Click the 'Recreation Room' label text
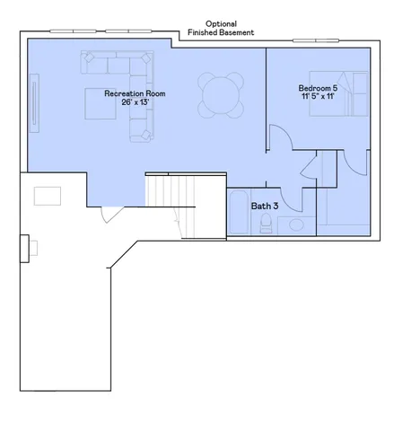point(135,93)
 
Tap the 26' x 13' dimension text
point(135,102)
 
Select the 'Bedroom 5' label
point(319,88)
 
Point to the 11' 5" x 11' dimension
point(319,97)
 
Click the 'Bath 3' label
point(264,206)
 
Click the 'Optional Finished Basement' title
point(221,28)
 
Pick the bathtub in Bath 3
point(239,213)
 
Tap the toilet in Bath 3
point(267,224)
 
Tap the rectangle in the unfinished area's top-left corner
point(48,195)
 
